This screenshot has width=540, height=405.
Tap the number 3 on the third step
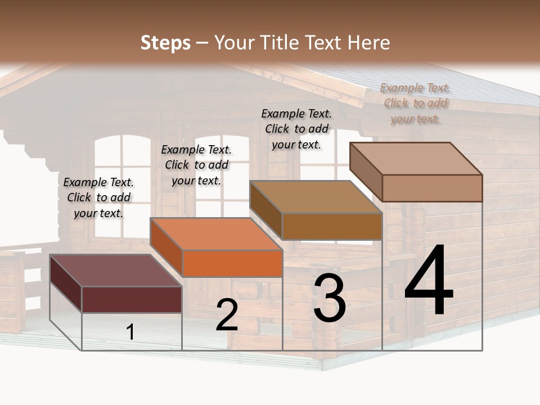(x=330, y=298)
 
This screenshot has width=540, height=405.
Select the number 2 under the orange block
(x=227, y=315)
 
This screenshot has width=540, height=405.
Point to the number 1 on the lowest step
(x=130, y=332)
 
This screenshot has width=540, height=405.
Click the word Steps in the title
(x=165, y=43)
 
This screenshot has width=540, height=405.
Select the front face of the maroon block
(x=132, y=299)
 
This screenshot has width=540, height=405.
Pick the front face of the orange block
(x=232, y=263)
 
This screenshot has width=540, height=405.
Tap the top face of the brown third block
(x=316, y=197)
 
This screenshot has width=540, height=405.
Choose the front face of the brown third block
(x=332, y=226)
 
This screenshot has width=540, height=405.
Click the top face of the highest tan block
(x=416, y=159)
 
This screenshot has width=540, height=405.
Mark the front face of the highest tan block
(x=432, y=188)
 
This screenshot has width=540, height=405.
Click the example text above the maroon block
(x=98, y=197)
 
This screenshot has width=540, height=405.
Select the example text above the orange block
(x=196, y=165)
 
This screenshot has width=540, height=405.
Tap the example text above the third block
(x=296, y=129)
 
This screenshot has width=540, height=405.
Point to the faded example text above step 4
(x=415, y=103)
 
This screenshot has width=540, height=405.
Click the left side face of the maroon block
(x=66, y=283)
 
